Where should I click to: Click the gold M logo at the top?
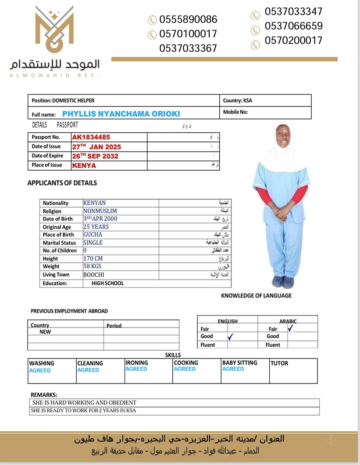pyautogui.click(x=55, y=30)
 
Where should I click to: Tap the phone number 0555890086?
pyautogui.click(x=188, y=19)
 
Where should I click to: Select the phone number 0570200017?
pyautogui.click(x=293, y=41)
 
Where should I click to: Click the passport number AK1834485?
pyautogui.click(x=91, y=137)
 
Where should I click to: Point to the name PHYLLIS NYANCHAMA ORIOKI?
pyautogui.click(x=121, y=114)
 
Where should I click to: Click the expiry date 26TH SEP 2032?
pyautogui.click(x=95, y=156)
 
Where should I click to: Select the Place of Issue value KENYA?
pyautogui.click(x=84, y=165)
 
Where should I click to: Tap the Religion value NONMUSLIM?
pyautogui.click(x=100, y=211)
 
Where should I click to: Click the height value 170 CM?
pyautogui.click(x=93, y=259)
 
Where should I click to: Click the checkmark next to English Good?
pyautogui.click(x=230, y=337)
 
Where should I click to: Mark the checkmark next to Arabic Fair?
pyautogui.click(x=290, y=328)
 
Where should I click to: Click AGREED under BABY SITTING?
pyautogui.click(x=233, y=369)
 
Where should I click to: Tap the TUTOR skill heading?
pyautogui.click(x=279, y=363)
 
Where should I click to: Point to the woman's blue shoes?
pyautogui.click(x=283, y=281)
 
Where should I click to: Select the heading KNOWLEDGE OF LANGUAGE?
pyautogui.click(x=256, y=296)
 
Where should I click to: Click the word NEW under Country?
pyautogui.click(x=45, y=332)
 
